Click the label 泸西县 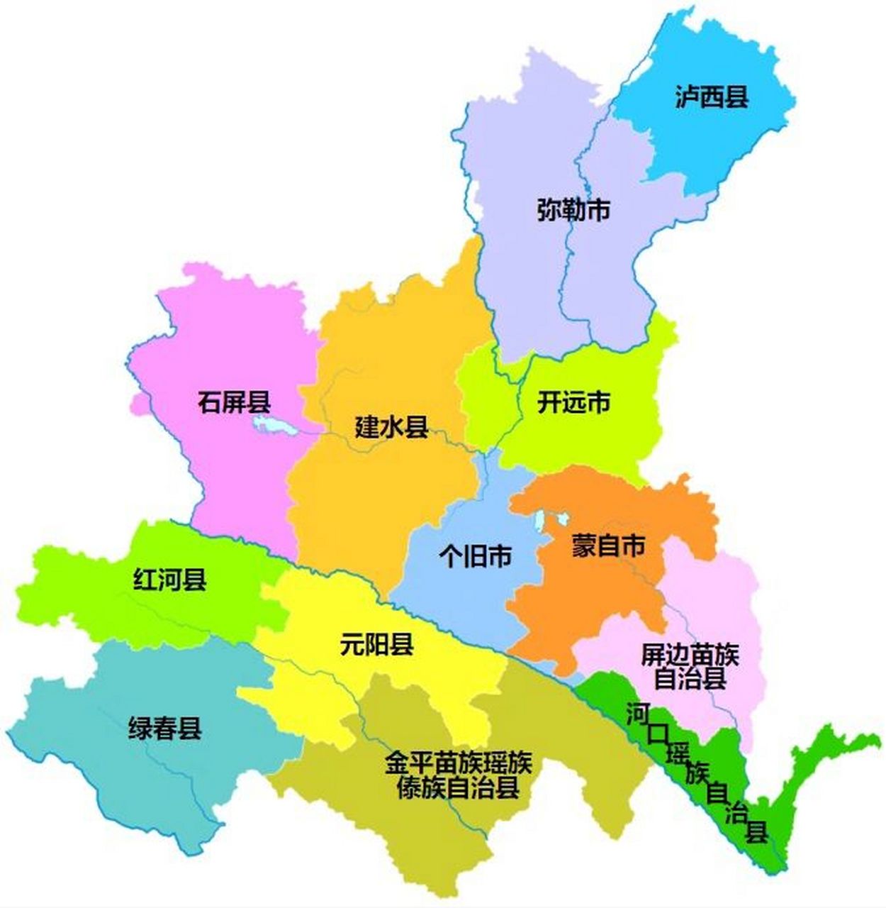click(x=712, y=97)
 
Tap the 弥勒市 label click(x=573, y=211)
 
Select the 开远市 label click(x=573, y=403)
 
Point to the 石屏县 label click(x=235, y=403)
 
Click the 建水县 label click(x=391, y=427)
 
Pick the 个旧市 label click(x=475, y=555)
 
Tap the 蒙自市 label click(x=608, y=546)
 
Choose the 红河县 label click(x=170, y=580)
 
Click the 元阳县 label click(x=376, y=645)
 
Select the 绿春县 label click(x=165, y=729)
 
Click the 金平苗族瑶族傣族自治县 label click(x=459, y=775)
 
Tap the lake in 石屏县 click(x=273, y=426)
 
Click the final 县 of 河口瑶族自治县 click(x=757, y=831)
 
